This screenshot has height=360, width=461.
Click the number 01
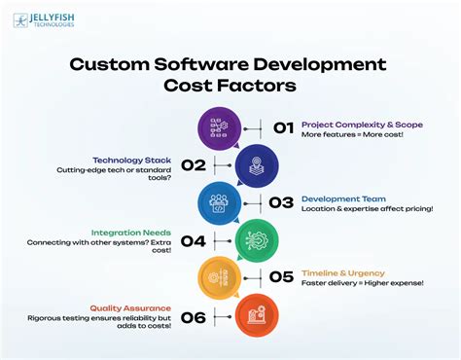(x=282, y=128)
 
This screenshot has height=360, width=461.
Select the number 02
(x=193, y=165)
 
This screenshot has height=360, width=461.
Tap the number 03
(x=282, y=202)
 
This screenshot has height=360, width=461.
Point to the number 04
(x=193, y=239)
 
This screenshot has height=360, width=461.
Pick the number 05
(x=282, y=276)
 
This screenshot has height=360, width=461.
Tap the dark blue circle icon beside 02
(x=257, y=165)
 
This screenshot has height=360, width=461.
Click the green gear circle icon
(x=257, y=239)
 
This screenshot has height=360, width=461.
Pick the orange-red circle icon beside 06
(x=257, y=313)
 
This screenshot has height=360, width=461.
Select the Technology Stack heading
(x=131, y=160)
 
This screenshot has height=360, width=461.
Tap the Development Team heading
(x=342, y=198)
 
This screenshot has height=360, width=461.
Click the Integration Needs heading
(x=131, y=234)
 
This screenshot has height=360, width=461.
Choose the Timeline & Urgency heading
(x=343, y=273)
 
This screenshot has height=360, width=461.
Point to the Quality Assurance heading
(x=131, y=307)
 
